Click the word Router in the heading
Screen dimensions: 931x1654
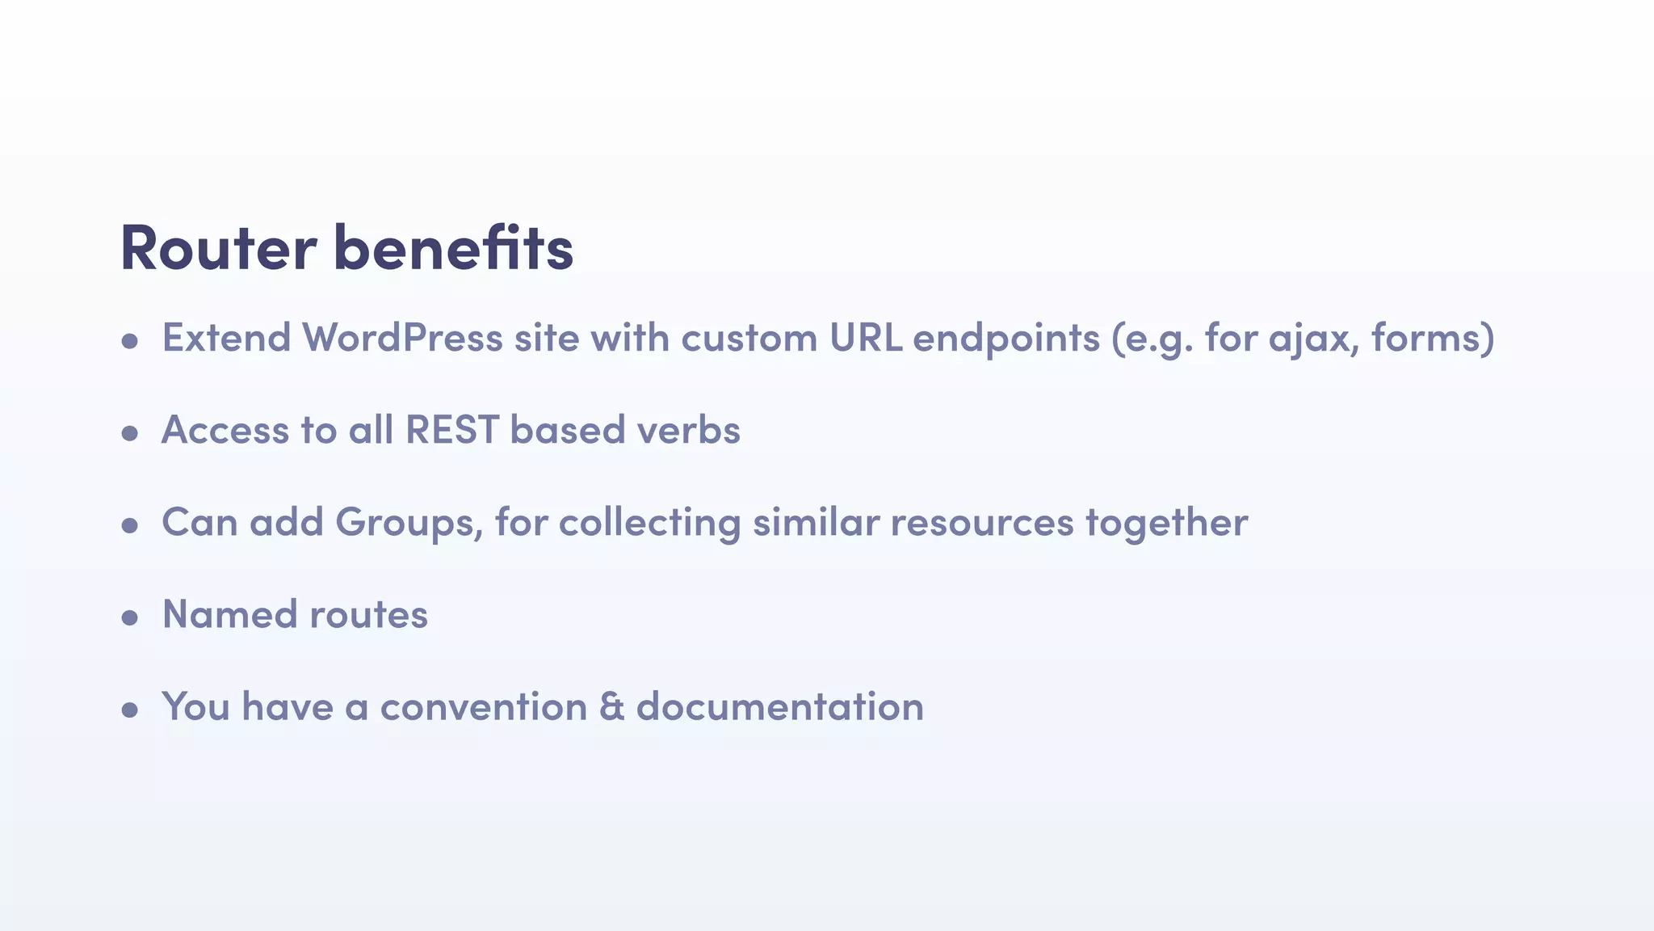tap(218, 248)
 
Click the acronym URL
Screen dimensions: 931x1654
tap(866, 338)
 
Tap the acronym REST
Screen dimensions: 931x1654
tap(451, 430)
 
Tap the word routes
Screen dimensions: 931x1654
tap(368, 615)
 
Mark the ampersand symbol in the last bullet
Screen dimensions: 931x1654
tap(612, 706)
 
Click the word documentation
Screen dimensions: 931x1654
tap(780, 706)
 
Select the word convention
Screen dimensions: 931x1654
tap(484, 706)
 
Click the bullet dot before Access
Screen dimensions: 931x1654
tap(129, 434)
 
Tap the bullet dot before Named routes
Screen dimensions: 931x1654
tap(129, 619)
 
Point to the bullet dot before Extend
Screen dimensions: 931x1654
tap(129, 342)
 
